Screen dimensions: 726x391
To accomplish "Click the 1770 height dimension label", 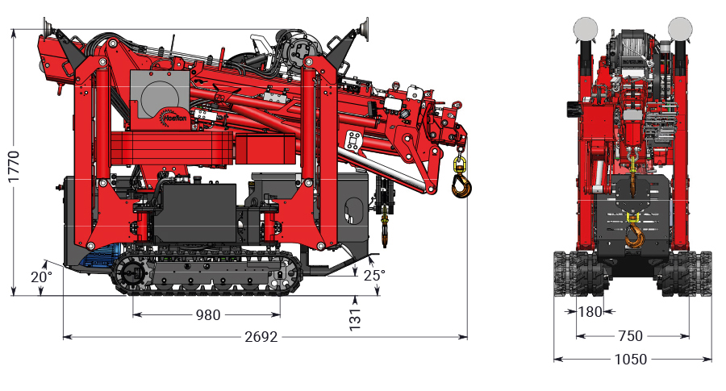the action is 14,166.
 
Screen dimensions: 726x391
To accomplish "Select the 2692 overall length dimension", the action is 261,337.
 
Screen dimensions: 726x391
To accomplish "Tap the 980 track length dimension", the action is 208,315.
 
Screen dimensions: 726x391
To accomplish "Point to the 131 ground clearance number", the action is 355,319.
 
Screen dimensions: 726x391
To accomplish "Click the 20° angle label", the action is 42,277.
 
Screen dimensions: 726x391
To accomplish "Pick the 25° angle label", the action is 374,276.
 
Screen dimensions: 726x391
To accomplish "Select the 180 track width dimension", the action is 590,312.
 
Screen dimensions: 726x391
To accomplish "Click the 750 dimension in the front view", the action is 630,336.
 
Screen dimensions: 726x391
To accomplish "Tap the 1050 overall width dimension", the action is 631,359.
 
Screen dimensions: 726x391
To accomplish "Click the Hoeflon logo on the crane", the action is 173,118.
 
